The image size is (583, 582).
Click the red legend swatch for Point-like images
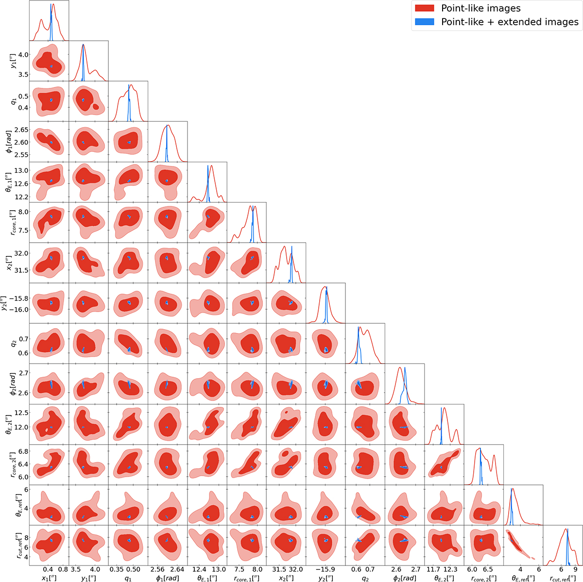[x=425, y=8]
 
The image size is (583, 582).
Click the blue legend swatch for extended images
[x=425, y=22]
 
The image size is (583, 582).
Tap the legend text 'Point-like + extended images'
[x=510, y=22]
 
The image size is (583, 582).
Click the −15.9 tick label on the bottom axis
[x=325, y=569]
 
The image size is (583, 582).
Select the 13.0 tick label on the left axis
[x=21, y=170]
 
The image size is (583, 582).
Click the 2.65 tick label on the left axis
[x=21, y=130]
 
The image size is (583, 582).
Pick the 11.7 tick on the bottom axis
[x=433, y=569]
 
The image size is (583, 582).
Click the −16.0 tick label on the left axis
[x=19, y=310]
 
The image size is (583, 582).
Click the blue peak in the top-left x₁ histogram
[x=51, y=4]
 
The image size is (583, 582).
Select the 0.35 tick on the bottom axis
[x=117, y=569]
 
